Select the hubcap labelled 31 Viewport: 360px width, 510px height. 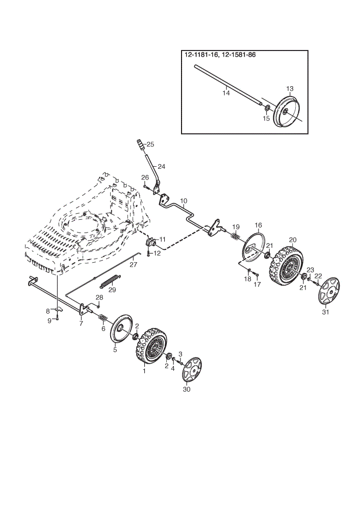pyautogui.click(x=328, y=291)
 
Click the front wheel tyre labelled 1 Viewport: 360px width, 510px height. pyautogui.click(x=151, y=346)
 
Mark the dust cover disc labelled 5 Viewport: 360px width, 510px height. pyautogui.click(x=121, y=328)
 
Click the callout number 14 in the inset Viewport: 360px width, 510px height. pyautogui.click(x=226, y=93)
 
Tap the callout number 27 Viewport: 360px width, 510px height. pyautogui.click(x=133, y=264)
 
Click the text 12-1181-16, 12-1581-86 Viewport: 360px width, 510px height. pyautogui.click(x=220, y=55)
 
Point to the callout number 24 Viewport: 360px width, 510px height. pyautogui.click(x=161, y=167)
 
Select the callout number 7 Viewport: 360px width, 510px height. pyautogui.click(x=81, y=323)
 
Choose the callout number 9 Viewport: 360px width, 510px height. pyautogui.click(x=49, y=321)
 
